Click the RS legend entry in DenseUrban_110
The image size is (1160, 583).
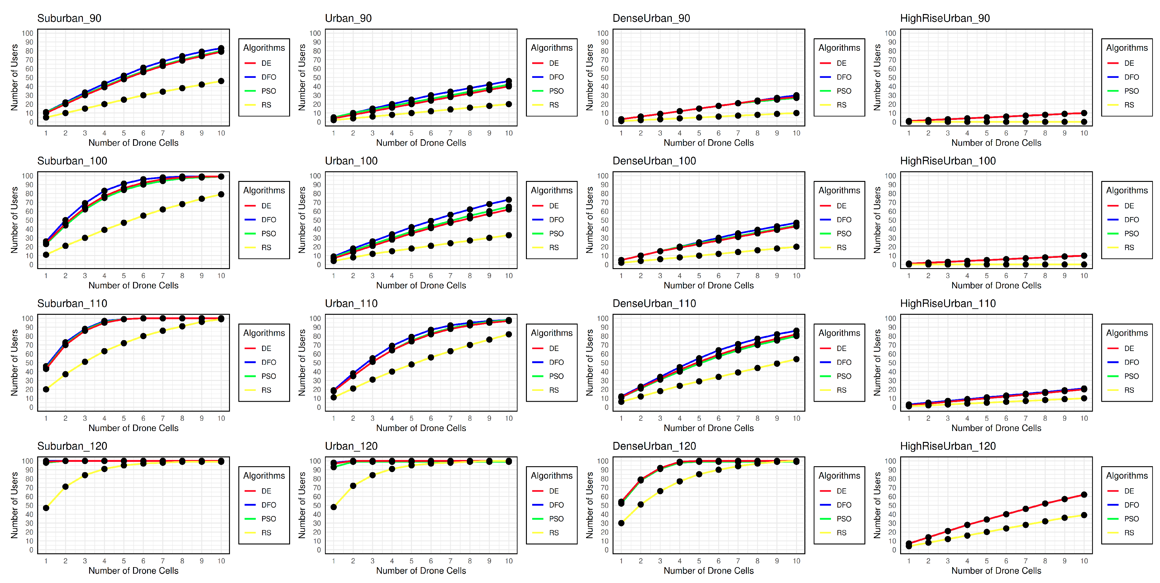point(841,390)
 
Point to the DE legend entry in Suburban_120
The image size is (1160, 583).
point(266,491)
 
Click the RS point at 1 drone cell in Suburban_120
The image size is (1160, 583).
point(46,508)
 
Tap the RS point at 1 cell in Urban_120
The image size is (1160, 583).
point(334,507)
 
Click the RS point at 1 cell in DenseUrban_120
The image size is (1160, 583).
point(621,523)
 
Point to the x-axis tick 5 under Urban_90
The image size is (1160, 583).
point(411,133)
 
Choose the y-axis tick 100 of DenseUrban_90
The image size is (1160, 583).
point(603,33)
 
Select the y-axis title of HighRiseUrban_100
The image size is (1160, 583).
point(877,220)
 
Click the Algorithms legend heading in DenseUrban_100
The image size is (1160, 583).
point(839,190)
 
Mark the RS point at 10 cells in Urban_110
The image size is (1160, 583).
point(508,334)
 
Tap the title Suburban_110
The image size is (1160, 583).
point(72,303)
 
